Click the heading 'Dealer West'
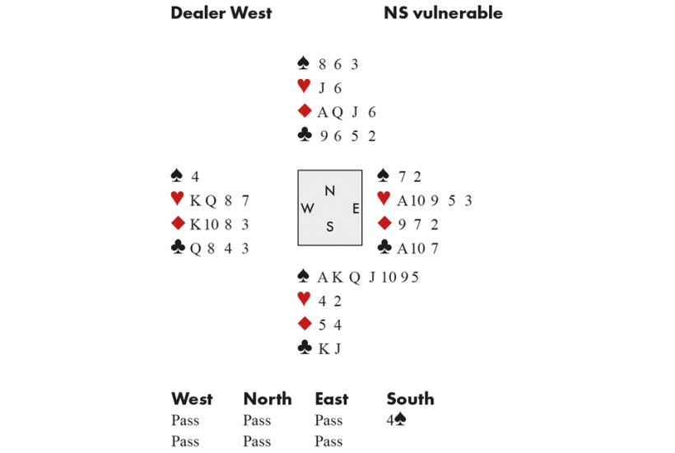point(221,13)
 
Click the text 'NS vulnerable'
point(443,13)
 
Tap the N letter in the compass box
point(329,191)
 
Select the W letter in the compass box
point(307,208)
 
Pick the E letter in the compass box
point(355,208)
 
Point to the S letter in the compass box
point(329,227)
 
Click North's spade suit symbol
point(303,63)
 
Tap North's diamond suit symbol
point(303,112)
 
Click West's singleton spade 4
point(195,176)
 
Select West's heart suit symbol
point(176,199)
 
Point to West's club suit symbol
point(176,248)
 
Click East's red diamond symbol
point(383,224)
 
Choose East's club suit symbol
point(383,248)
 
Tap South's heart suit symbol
point(303,301)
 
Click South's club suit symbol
point(303,348)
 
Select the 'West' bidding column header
point(192,399)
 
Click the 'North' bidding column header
point(268,399)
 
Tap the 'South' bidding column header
point(410,399)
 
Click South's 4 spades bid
point(395,421)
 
